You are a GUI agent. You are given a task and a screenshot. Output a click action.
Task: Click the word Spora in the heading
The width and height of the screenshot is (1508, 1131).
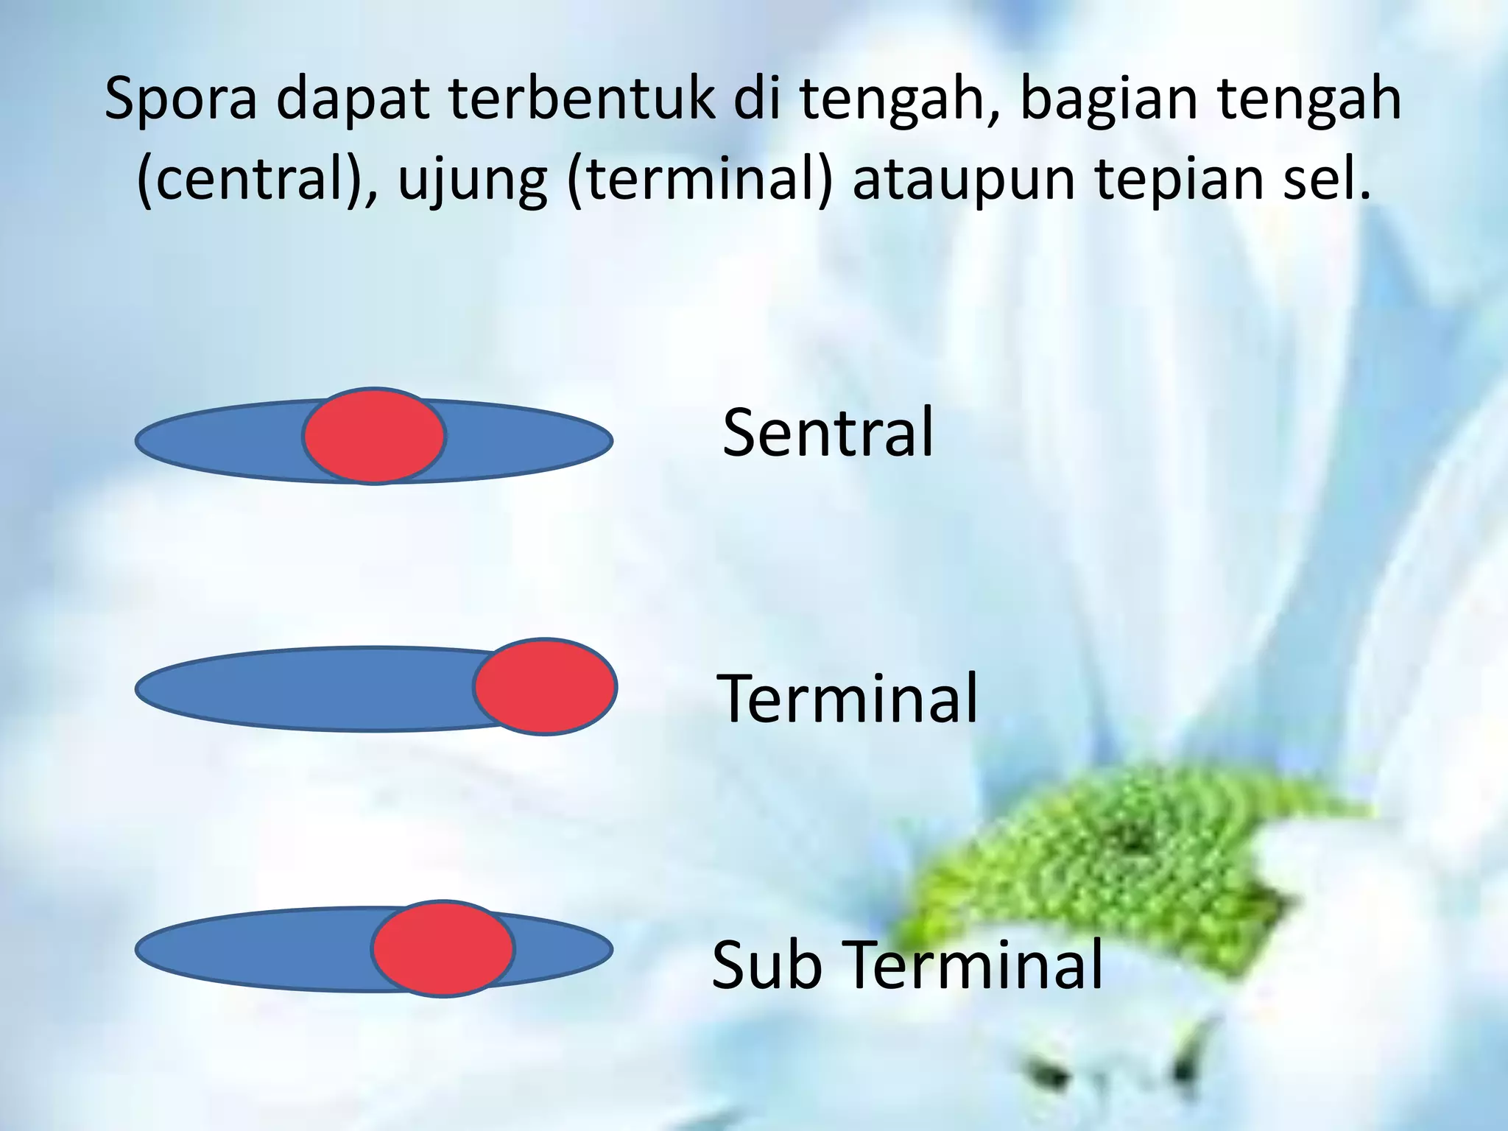click(x=180, y=99)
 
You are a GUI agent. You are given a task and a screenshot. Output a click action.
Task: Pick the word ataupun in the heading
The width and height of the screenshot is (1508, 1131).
click(x=964, y=180)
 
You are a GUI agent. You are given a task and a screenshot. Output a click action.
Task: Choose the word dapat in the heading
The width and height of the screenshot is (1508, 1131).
click(x=353, y=99)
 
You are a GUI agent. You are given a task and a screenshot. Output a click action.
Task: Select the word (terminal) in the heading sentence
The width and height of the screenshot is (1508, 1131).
click(x=700, y=180)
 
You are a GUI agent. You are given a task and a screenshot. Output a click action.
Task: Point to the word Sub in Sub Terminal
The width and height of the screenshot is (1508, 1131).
click(x=767, y=965)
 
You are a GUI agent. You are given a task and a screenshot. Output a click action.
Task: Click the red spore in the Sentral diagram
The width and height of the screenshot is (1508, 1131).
click(x=374, y=436)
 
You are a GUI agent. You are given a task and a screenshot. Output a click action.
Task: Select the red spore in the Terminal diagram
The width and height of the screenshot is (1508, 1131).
click(x=545, y=686)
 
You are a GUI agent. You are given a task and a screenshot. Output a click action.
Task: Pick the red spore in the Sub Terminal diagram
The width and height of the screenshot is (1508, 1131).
click(x=443, y=948)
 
